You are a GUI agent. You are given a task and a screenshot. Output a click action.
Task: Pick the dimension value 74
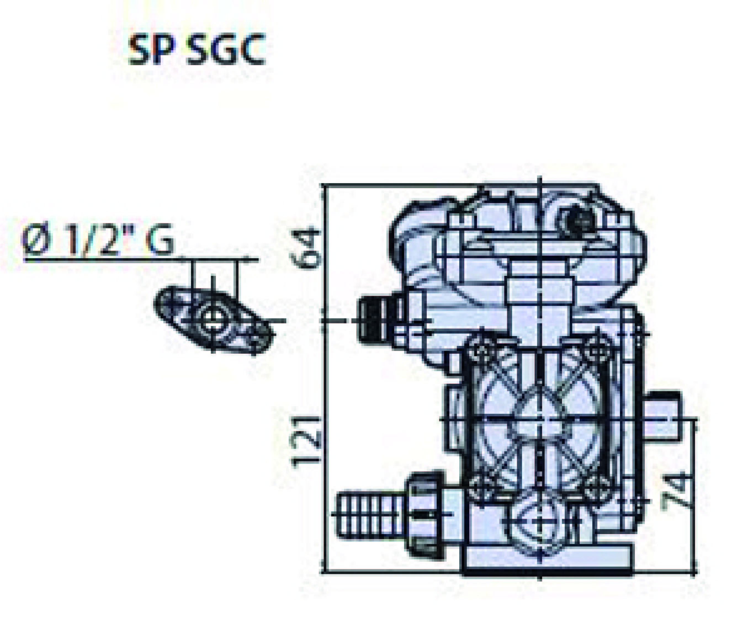click(x=676, y=490)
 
